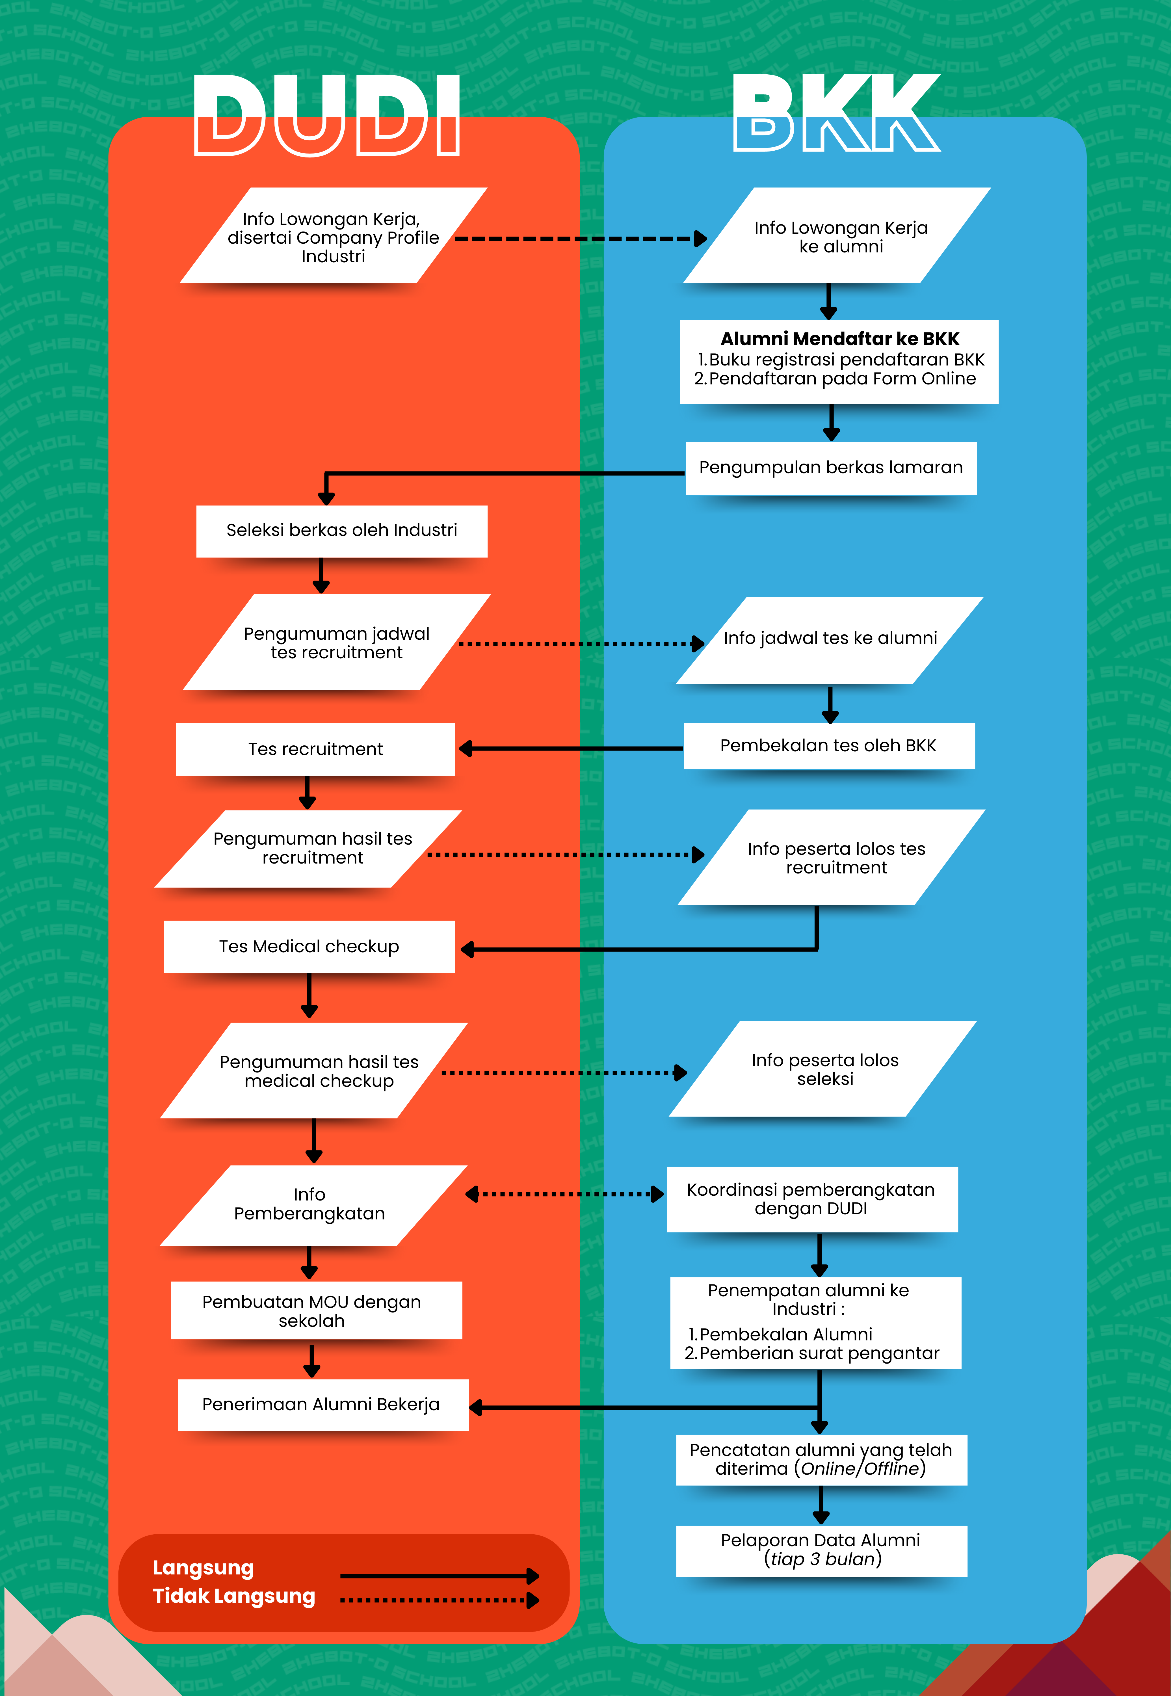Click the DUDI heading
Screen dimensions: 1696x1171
coord(326,116)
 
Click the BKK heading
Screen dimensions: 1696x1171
coord(836,114)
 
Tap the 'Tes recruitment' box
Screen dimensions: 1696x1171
coord(315,749)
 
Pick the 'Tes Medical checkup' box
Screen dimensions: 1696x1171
coord(309,946)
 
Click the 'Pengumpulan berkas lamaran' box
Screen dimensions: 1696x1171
coord(831,468)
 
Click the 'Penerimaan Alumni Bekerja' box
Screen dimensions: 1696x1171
coord(321,1404)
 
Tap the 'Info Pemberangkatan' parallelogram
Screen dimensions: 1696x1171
coord(311,1204)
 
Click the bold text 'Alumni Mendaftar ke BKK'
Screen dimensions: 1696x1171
coord(839,339)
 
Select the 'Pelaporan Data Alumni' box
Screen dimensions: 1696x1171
coord(821,1549)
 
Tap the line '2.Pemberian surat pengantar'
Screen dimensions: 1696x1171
coord(811,1353)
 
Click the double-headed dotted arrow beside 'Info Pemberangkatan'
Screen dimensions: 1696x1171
coord(565,1194)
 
